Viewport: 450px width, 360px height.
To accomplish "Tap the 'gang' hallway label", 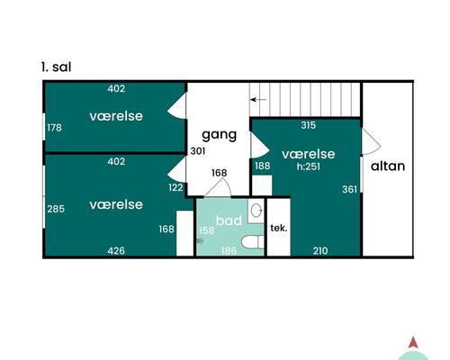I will [x=219, y=135].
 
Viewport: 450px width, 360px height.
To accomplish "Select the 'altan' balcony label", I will [x=388, y=166].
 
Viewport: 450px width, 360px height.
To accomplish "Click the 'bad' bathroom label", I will [x=229, y=220].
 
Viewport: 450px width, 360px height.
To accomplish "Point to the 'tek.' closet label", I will [x=279, y=228].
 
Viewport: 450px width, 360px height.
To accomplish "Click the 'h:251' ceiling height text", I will [x=308, y=166].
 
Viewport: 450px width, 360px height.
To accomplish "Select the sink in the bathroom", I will [x=256, y=211].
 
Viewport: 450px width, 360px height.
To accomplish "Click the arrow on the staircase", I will [x=258, y=99].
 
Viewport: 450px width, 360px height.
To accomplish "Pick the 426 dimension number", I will [x=116, y=250].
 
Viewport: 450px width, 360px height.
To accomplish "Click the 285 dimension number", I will [x=56, y=210].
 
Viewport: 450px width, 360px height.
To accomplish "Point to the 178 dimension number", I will [x=54, y=128].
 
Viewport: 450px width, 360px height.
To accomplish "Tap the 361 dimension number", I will [x=349, y=189].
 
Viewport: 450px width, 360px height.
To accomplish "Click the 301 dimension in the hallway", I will [x=197, y=151].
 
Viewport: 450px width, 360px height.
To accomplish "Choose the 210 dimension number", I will [x=320, y=250].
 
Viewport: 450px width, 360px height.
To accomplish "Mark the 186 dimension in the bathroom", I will [x=229, y=250].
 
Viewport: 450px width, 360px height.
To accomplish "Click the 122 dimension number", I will [x=175, y=187].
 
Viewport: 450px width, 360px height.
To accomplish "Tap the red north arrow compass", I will [x=412, y=343].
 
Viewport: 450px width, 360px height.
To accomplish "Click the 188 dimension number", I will [x=262, y=166].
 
